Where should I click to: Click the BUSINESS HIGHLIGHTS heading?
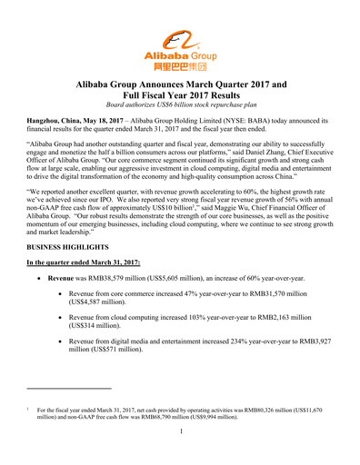click(70, 272)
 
